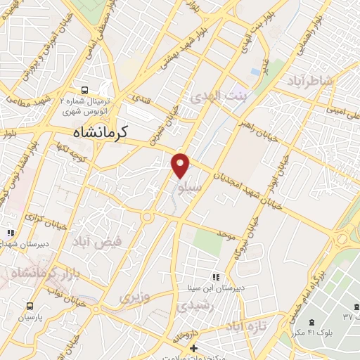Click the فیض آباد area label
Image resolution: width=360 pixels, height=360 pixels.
[96, 242]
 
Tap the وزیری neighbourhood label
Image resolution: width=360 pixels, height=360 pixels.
[134, 297]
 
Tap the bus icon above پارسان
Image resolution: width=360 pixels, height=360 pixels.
[30, 307]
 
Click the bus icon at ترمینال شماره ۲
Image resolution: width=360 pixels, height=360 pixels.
[84, 89]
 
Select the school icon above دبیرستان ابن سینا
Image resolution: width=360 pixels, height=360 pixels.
[215, 277]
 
